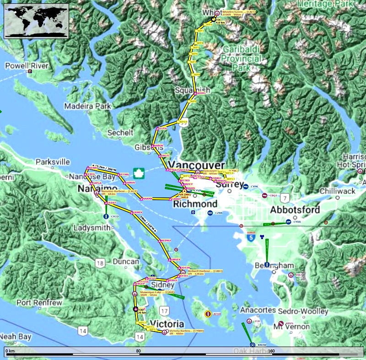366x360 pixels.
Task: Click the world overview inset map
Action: click(36, 21)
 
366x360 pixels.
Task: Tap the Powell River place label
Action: click(27, 66)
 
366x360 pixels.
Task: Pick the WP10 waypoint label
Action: click(183, 122)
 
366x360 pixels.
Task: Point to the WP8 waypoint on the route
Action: click(196, 74)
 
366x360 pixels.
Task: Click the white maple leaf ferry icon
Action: click(139, 173)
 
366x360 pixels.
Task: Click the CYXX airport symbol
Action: click(288, 222)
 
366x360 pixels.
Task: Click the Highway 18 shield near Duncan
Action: click(100, 263)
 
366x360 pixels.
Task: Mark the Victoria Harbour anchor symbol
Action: click(164, 332)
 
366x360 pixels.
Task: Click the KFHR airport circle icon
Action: click(207, 314)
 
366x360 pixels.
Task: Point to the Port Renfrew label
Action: click(39, 303)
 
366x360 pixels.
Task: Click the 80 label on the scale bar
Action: click(138, 351)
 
